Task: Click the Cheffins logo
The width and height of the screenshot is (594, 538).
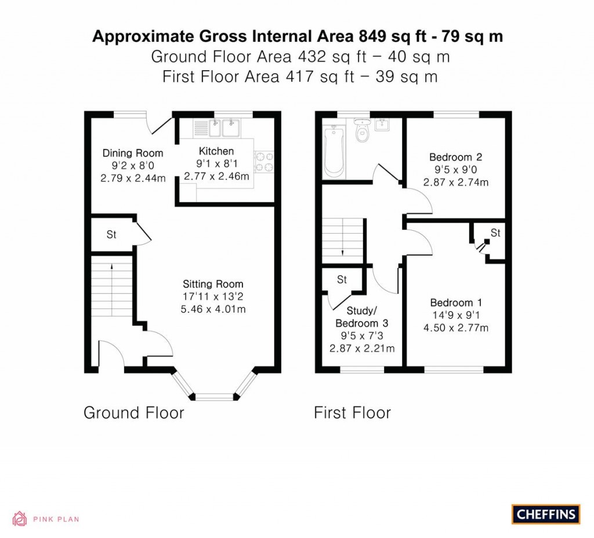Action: tap(546, 514)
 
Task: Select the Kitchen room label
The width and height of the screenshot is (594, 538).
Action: tap(216, 151)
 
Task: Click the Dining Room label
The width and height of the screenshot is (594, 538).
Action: tap(133, 153)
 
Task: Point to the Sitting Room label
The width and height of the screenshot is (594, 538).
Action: tap(213, 284)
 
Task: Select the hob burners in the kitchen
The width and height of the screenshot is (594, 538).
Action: tap(263, 162)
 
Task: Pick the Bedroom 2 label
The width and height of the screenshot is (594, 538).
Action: tap(455, 157)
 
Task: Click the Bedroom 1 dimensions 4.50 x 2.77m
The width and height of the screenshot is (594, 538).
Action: tap(455, 328)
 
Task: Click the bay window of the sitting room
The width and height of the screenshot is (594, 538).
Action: tap(215, 397)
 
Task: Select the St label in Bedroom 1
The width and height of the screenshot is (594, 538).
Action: tap(495, 233)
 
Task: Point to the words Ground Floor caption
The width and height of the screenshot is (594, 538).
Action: tap(133, 413)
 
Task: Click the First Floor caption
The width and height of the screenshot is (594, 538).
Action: tap(352, 413)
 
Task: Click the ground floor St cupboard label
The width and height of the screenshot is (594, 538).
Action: tap(111, 235)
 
